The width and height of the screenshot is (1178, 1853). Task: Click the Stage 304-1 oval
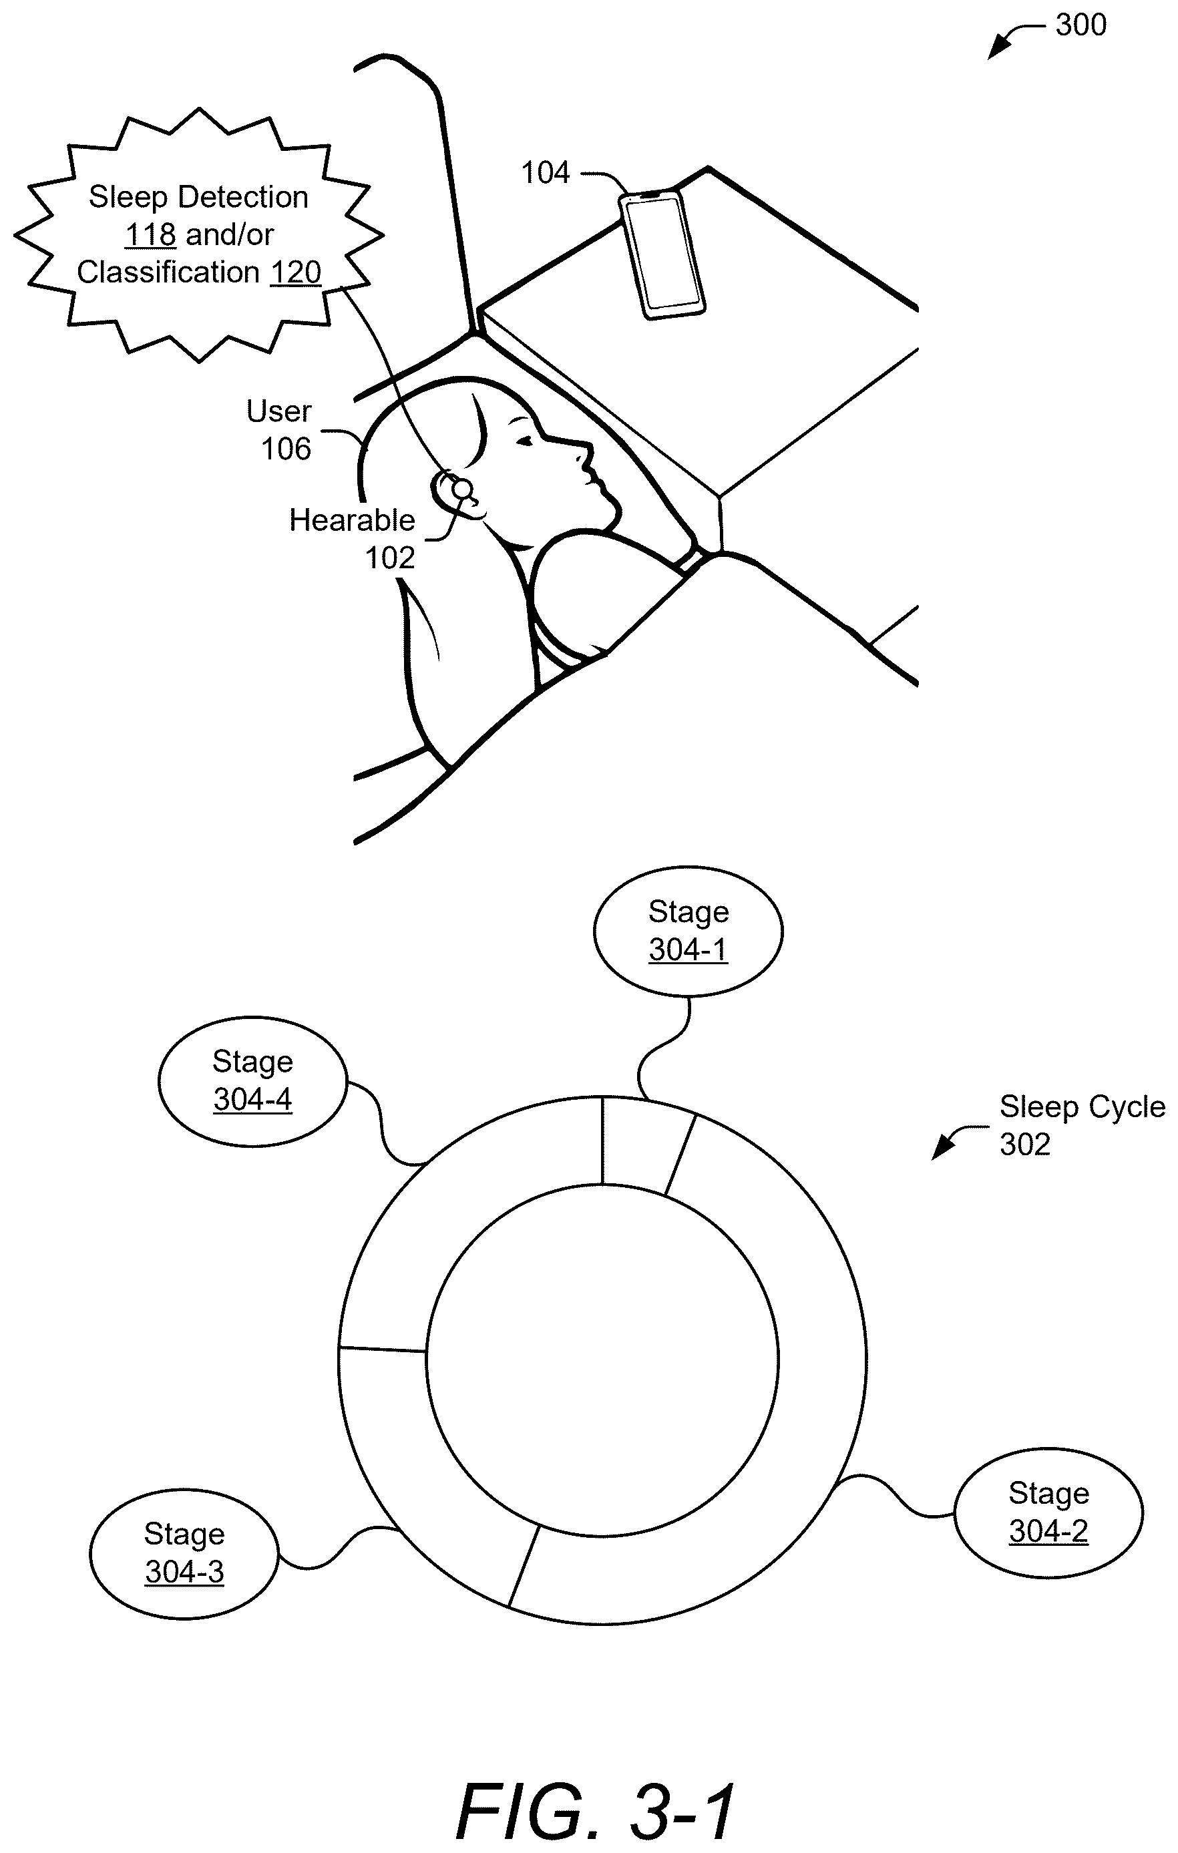coord(688,931)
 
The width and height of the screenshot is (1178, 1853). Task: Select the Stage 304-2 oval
coord(1048,1513)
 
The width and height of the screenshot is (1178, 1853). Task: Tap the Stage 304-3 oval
coord(184,1554)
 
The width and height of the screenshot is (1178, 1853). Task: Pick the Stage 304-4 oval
coord(252,1081)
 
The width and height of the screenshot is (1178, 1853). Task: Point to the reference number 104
coord(546,173)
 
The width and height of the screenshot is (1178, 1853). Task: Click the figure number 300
coord(1081,25)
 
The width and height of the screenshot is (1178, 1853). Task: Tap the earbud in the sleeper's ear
coord(461,489)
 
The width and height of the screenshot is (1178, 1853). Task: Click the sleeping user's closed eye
coord(525,441)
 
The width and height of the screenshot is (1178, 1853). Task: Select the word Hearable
coord(352,520)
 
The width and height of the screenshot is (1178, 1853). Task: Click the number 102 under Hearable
coord(389,558)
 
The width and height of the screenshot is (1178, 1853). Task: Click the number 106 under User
coord(286,449)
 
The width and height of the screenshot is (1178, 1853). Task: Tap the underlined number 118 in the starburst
coord(151,234)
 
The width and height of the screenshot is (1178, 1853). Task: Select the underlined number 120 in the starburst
coord(295,272)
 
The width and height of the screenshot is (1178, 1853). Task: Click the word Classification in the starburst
coord(168,272)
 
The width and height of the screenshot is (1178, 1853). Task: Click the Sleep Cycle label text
coord(1083,1107)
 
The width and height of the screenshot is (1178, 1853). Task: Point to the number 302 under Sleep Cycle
coord(1025,1145)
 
